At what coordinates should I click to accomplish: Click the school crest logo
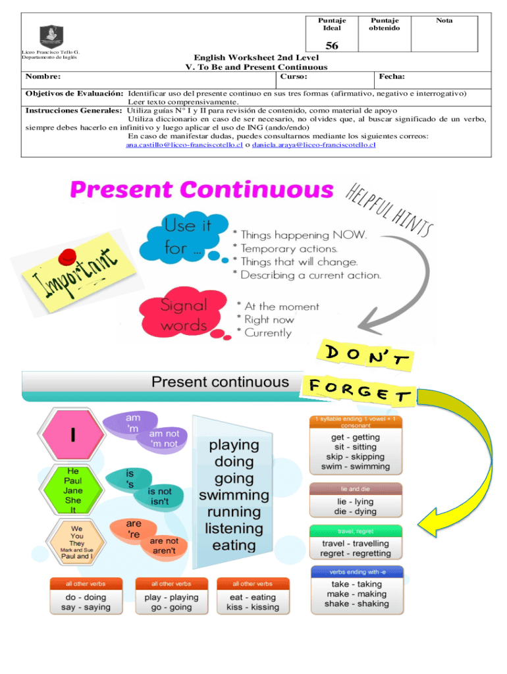point(51,34)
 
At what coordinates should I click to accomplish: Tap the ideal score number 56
point(332,46)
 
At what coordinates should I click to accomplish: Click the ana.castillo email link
point(184,145)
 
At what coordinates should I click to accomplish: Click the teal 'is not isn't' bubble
point(159,496)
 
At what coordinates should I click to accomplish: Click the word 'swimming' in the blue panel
point(234,495)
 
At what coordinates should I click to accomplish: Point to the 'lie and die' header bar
point(356,489)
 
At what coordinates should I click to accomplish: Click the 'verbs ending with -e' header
point(356,571)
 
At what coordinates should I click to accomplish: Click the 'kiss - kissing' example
point(253,607)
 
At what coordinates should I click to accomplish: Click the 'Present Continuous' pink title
point(202,190)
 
